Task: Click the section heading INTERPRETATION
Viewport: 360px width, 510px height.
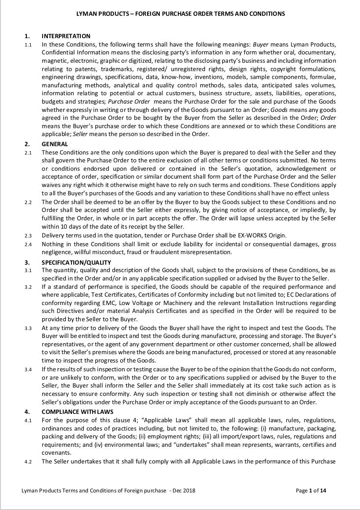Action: pyautogui.click(x=66, y=36)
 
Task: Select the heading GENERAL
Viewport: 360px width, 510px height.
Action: pyautogui.click(x=54, y=144)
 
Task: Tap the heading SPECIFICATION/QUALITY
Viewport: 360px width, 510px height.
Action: pyautogui.click(x=76, y=262)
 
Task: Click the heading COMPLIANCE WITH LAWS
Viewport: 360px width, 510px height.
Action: pyautogui.click(x=77, y=412)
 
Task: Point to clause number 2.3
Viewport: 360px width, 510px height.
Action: pyautogui.click(x=28, y=236)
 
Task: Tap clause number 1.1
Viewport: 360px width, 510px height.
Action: pyautogui.click(x=28, y=45)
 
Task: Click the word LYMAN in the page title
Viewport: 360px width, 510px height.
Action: pyautogui.click(x=86, y=14)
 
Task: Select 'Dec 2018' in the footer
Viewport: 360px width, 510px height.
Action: pyautogui.click(x=184, y=491)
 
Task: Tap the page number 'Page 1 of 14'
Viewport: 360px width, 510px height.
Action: pyautogui.click(x=311, y=491)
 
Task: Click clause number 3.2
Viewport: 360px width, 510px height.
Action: pyautogui.click(x=28, y=287)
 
